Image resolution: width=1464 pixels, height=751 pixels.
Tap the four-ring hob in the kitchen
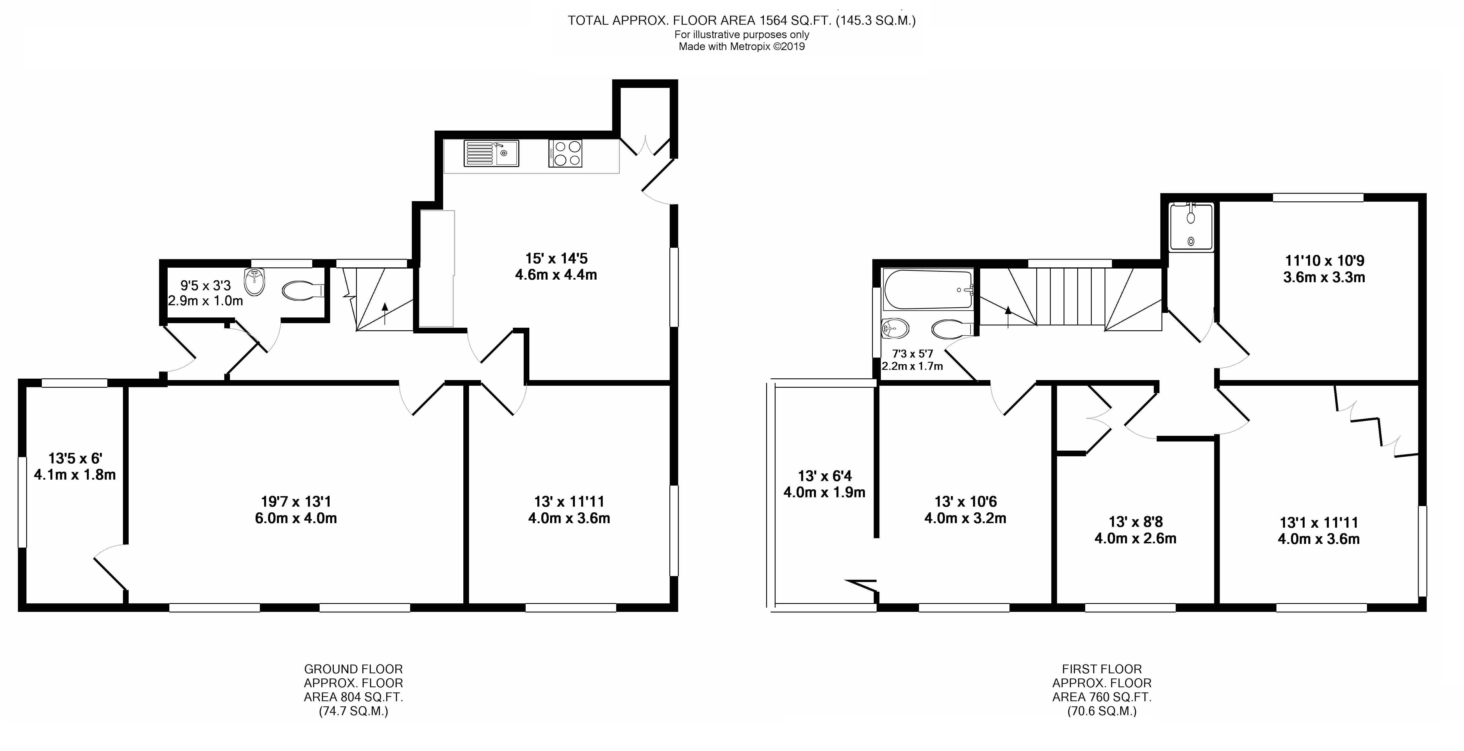566,153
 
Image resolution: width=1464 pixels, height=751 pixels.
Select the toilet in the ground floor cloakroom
303,291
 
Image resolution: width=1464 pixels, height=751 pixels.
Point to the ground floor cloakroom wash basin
255,282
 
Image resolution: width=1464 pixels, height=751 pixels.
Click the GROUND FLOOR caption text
353,669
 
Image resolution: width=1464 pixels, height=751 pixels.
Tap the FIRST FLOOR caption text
1101,669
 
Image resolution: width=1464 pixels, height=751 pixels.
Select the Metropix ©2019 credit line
742,47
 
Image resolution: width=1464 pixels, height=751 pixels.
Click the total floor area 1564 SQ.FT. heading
742,21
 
